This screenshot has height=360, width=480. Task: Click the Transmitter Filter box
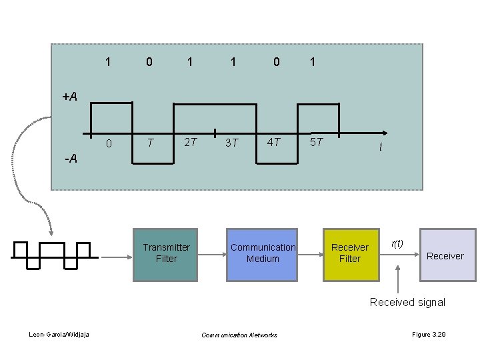pyautogui.click(x=166, y=253)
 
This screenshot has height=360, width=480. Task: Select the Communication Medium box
pyautogui.click(x=263, y=253)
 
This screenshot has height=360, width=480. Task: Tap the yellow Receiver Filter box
pyautogui.click(x=349, y=253)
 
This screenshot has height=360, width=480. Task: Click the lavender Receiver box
pyautogui.click(x=445, y=255)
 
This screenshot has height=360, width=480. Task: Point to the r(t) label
pyautogui.click(x=397, y=243)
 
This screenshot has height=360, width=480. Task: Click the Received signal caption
pyautogui.click(x=407, y=302)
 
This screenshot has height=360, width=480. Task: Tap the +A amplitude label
pyautogui.click(x=70, y=97)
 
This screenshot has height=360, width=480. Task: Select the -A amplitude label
pyautogui.click(x=70, y=159)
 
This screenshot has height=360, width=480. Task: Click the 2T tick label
pyautogui.click(x=190, y=141)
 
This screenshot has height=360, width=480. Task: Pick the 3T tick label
pyautogui.click(x=232, y=142)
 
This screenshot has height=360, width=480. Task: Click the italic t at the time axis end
pyautogui.click(x=381, y=148)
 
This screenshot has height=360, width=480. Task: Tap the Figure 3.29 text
pyautogui.click(x=428, y=333)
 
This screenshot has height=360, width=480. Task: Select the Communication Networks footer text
pyautogui.click(x=239, y=335)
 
